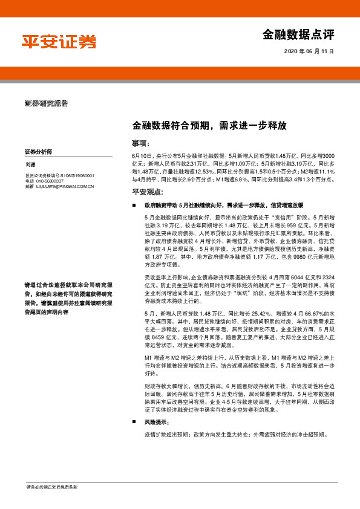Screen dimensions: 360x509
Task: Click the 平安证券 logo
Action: tap(59, 42)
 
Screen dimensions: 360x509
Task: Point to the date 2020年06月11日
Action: tap(309, 53)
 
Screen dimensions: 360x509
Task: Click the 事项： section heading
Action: tap(140, 143)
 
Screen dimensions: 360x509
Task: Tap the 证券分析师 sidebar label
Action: tap(38, 151)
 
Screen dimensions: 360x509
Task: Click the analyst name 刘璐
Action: tap(30, 164)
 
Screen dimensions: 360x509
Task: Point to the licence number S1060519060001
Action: tap(78, 175)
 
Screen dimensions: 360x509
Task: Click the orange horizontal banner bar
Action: tap(180, 73)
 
